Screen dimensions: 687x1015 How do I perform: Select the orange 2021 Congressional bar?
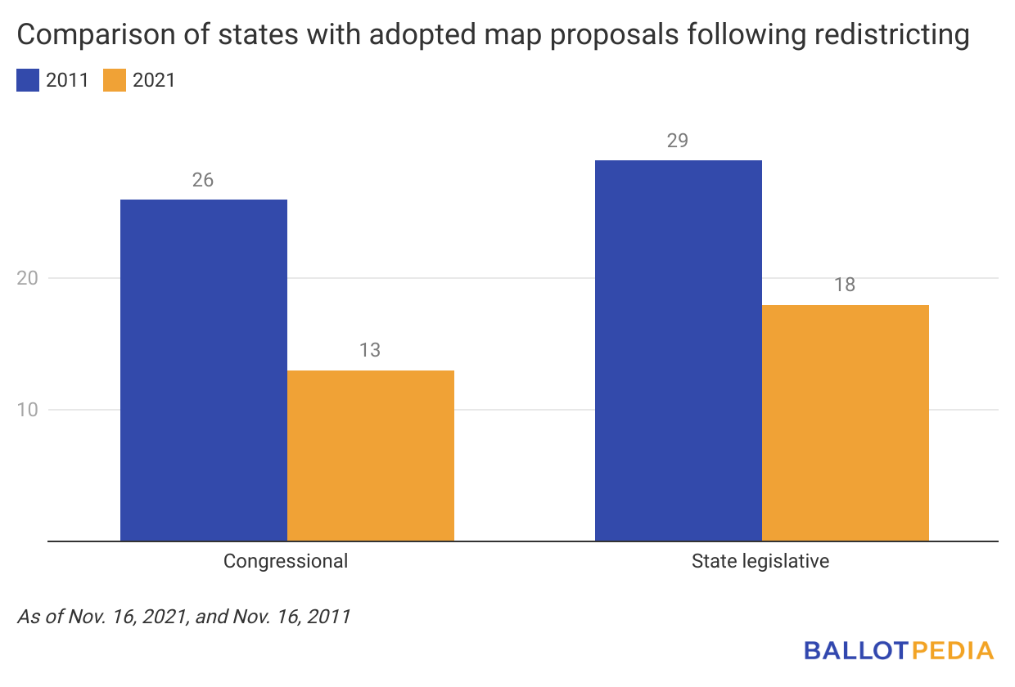[371, 456]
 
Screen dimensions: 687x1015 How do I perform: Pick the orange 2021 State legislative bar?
[846, 423]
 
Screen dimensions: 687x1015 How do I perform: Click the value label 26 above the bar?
[203, 180]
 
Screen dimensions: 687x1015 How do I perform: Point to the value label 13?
[370, 351]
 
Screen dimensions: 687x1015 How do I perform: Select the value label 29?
[678, 141]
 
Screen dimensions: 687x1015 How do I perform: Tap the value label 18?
[845, 285]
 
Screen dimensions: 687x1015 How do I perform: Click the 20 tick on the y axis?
[28, 279]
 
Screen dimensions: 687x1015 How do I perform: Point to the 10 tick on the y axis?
[28, 410]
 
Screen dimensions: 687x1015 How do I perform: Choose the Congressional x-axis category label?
[286, 562]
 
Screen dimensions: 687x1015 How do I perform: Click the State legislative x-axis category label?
[760, 562]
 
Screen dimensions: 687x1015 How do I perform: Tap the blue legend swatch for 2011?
[27, 80]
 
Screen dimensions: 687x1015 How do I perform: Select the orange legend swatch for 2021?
[115, 80]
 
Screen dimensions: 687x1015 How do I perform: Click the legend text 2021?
[154, 80]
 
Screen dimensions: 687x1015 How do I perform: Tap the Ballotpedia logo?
[899, 651]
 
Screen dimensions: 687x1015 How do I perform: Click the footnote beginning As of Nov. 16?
[183, 617]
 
